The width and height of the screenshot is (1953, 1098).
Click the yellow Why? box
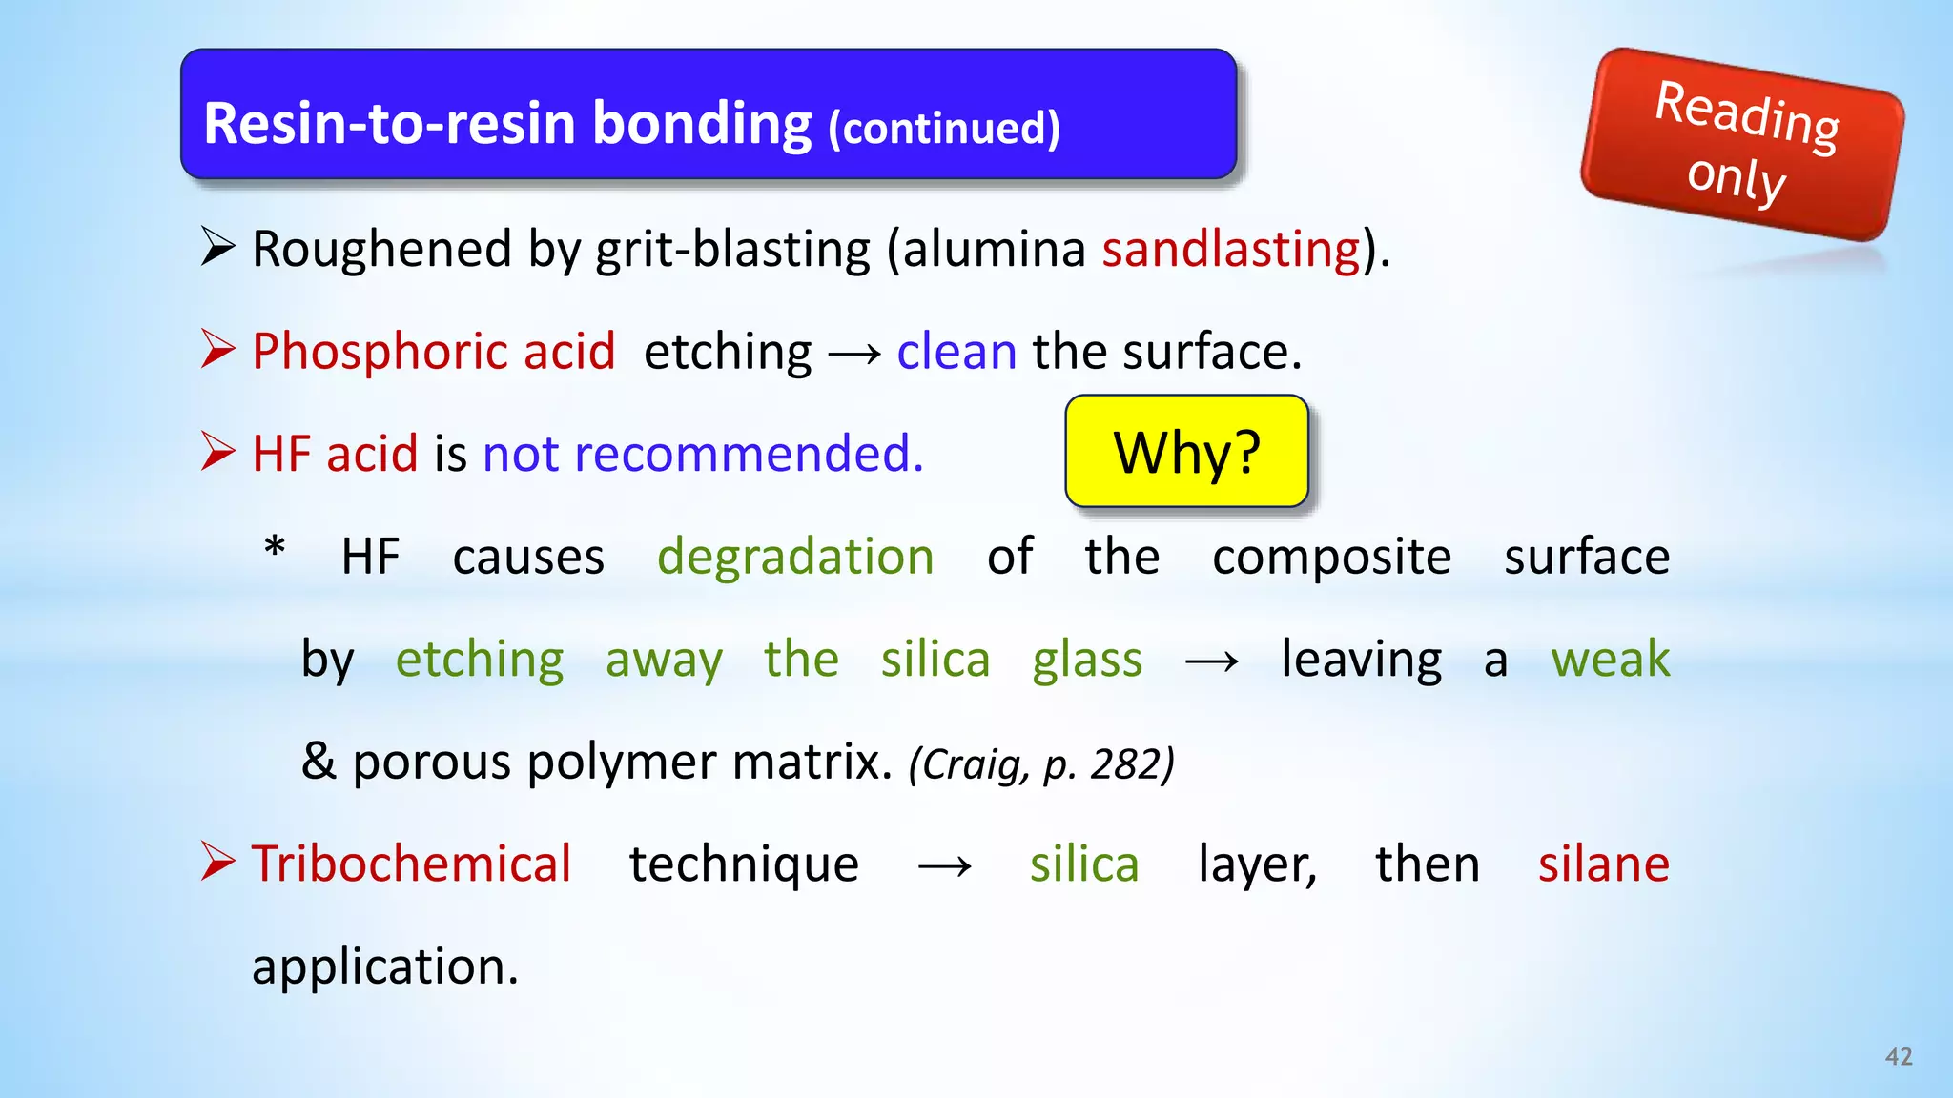pyautogui.click(x=1186, y=452)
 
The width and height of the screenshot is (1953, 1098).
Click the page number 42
pyautogui.click(x=1899, y=1056)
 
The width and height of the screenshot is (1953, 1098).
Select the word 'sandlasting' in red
pyautogui.click(x=1231, y=250)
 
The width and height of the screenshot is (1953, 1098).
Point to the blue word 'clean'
pyautogui.click(x=956, y=352)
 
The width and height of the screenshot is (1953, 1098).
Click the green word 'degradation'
pyautogui.click(x=795, y=557)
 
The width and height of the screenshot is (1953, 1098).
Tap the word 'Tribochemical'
pyautogui.click(x=411, y=864)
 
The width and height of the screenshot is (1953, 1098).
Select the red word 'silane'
pyautogui.click(x=1603, y=864)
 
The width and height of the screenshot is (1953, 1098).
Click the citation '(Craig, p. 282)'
pyautogui.click(x=1041, y=764)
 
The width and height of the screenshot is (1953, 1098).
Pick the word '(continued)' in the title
pyautogui.click(x=944, y=129)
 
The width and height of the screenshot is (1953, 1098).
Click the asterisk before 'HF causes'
pyautogui.click(x=275, y=550)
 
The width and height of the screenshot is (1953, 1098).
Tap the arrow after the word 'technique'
pyautogui.click(x=944, y=867)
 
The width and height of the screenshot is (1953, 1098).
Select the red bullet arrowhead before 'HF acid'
pyautogui.click(x=218, y=452)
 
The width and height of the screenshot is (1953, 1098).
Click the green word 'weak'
pyautogui.click(x=1610, y=660)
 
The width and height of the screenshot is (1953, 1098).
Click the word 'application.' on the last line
pyautogui.click(x=385, y=967)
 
